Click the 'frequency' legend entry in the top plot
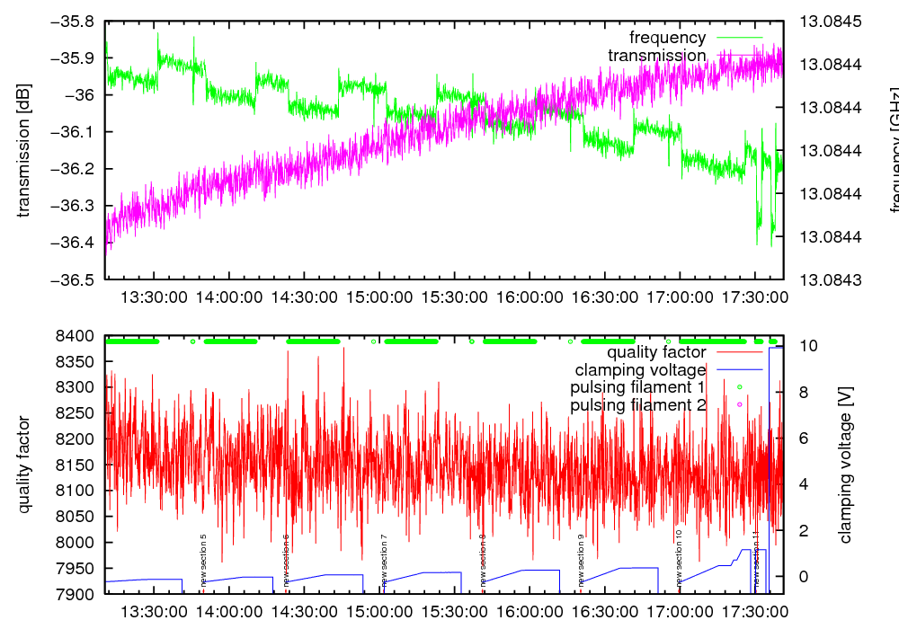pos(668,38)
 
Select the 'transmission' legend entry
pos(657,56)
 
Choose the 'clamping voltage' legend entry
pos(640,369)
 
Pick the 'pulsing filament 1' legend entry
pos(636,387)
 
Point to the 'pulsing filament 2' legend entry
pos(636,405)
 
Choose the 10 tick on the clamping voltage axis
pos(805,346)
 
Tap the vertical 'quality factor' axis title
pos(24,465)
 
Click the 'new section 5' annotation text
pos(204,559)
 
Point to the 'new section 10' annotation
pos(679,556)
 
